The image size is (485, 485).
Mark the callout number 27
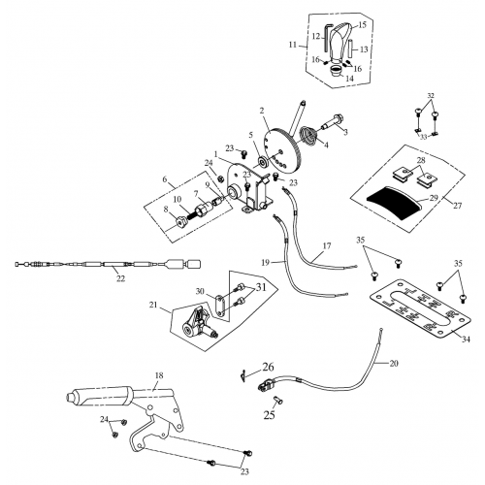(456, 206)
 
